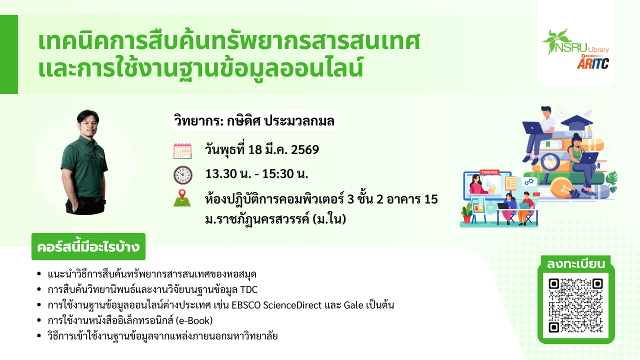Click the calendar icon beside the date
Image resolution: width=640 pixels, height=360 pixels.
pyautogui.click(x=182, y=151)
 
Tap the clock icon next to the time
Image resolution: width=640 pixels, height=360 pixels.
pyautogui.click(x=183, y=175)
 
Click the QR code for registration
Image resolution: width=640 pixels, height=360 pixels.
pyautogui.click(x=575, y=305)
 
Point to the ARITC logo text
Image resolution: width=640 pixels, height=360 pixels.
pyautogui.click(x=592, y=63)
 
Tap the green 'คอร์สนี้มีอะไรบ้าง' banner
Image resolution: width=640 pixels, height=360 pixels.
pyautogui.click(x=88, y=246)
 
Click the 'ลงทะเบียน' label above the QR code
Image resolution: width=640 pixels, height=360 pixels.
pyautogui.click(x=576, y=264)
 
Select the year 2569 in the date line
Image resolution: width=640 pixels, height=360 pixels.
pyautogui.click(x=305, y=149)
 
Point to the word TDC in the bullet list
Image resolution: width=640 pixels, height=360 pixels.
pyautogui.click(x=249, y=289)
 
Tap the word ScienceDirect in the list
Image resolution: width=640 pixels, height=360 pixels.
pyautogui.click(x=292, y=305)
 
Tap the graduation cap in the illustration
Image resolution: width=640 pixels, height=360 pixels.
pyautogui.click(x=577, y=121)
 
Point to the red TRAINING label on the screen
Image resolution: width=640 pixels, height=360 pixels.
pyautogui.click(x=489, y=172)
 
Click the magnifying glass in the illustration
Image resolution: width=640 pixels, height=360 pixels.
pyautogui.click(x=548, y=165)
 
